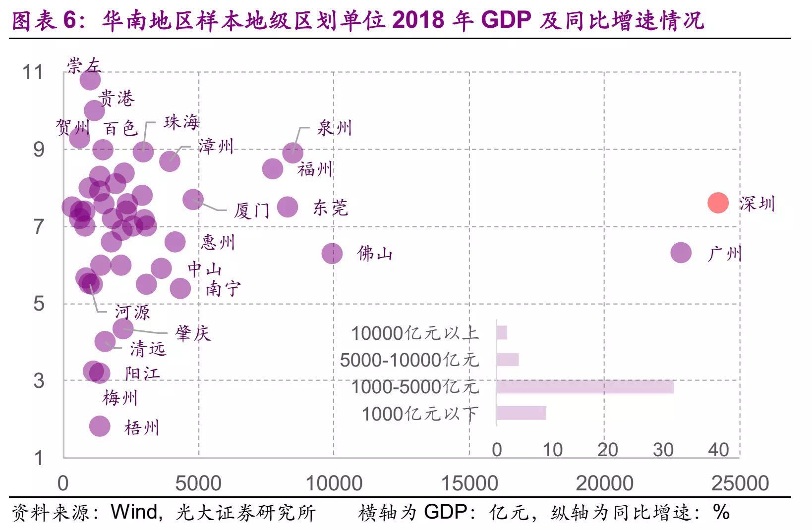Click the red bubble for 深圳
tap(717, 203)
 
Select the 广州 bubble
tap(681, 253)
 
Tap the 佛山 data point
tap(332, 254)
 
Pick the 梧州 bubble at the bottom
tap(100, 426)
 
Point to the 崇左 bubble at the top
tap(90, 80)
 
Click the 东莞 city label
tap(330, 208)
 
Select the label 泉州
tap(334, 128)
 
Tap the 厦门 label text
tap(252, 211)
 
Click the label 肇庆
tap(193, 333)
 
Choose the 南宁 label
tap(223, 288)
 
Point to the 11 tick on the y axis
tap(33, 73)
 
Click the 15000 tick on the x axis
tap(469, 483)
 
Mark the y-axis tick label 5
tap(39, 304)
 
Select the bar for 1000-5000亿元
tap(585, 387)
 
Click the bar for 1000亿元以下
tap(521, 413)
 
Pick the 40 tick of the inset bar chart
tap(718, 450)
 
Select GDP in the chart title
tap(506, 20)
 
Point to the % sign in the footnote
tap(721, 512)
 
